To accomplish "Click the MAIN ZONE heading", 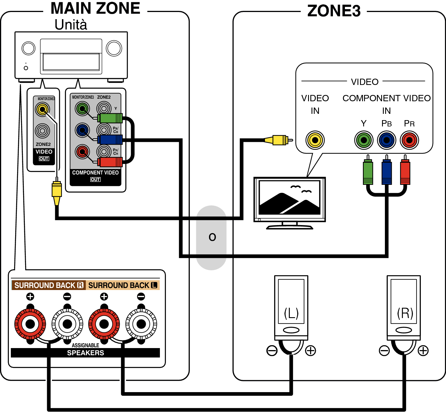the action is tap(95, 8).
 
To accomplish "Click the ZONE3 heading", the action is tap(334, 11).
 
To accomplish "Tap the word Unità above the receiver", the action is tap(71, 25).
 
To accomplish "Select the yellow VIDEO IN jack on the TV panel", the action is tap(315, 140).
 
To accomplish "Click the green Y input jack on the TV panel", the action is tap(364, 140).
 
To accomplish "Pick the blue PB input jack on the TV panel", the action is tap(387, 140).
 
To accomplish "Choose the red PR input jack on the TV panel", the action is tap(409, 140).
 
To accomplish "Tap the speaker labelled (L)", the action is tap(291, 307).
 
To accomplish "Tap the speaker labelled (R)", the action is tap(404, 307).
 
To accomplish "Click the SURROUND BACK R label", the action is tap(49, 285).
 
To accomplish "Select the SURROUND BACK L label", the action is tap(123, 285).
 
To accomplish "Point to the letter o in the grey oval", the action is tap(212, 237).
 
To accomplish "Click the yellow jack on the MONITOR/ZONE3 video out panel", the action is tap(43, 109).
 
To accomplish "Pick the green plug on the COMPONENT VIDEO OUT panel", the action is tap(110, 118).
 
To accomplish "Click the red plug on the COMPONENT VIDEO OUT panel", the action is tap(110, 162).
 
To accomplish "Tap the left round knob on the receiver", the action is tap(29, 48).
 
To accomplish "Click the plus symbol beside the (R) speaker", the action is tap(423, 351).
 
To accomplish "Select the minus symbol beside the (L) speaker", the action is tap(272, 351).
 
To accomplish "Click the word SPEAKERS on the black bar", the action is tap(86, 353).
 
